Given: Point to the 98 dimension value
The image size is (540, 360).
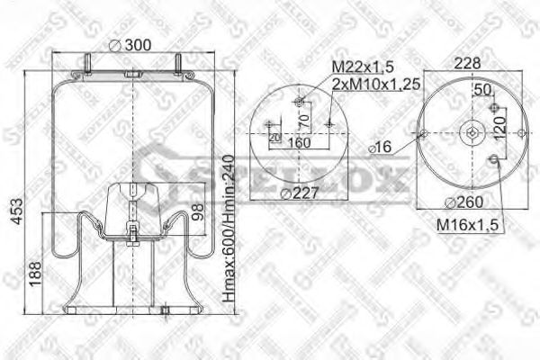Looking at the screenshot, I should [x=198, y=213].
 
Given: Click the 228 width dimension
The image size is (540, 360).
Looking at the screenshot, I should [x=467, y=63].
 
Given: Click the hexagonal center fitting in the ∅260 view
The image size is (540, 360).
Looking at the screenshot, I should [x=472, y=136].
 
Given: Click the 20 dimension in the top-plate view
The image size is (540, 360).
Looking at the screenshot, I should [x=273, y=136].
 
